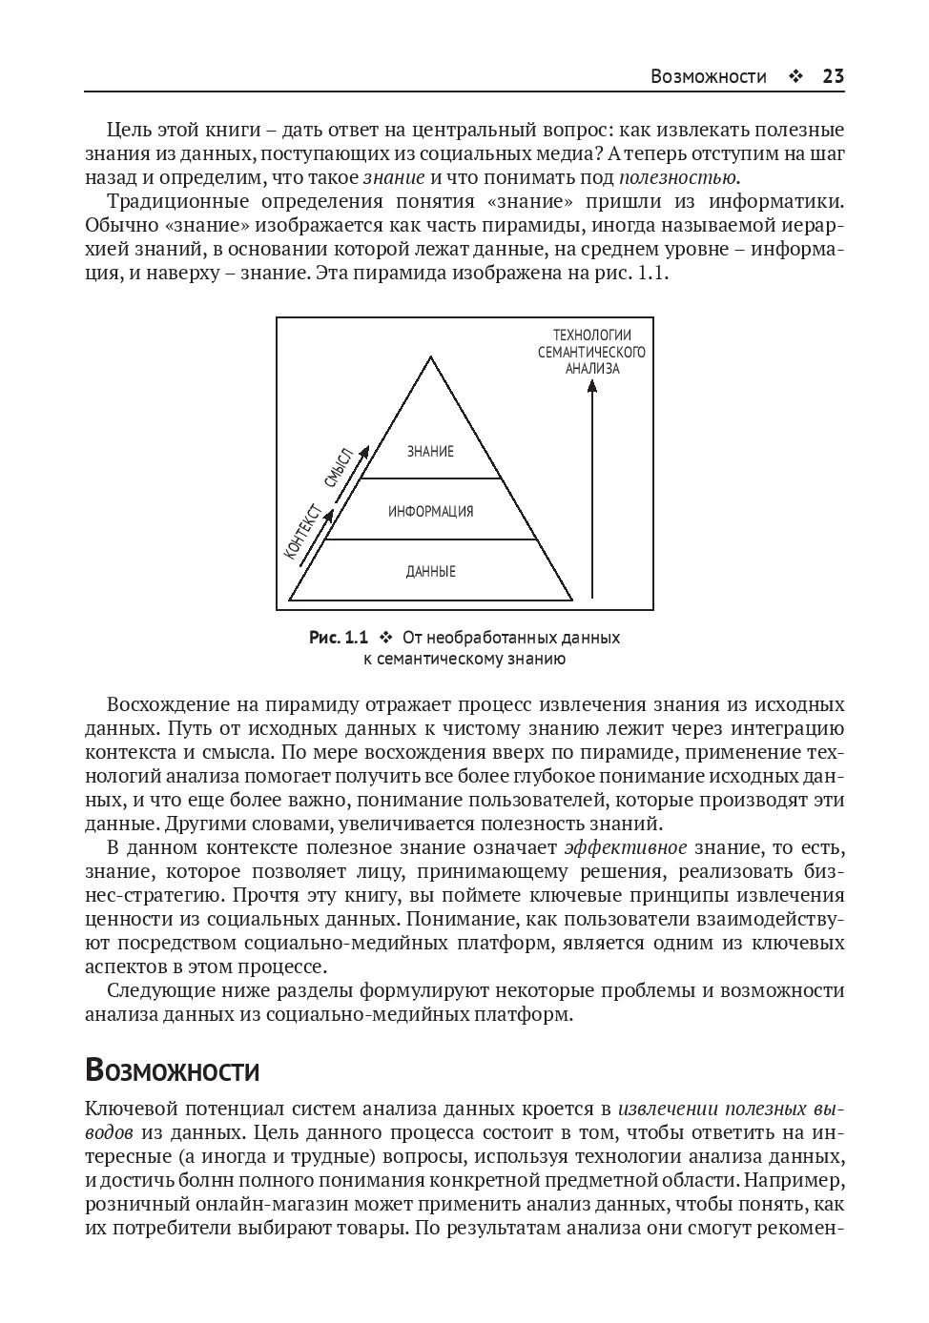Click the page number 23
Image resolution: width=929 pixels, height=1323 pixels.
833,77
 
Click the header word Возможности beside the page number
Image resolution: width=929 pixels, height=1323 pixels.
708,77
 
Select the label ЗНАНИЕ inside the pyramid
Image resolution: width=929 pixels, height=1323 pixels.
430,452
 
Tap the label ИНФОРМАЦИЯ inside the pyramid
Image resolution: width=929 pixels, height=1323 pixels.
430,512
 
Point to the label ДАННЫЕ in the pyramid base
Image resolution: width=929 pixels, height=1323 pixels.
430,572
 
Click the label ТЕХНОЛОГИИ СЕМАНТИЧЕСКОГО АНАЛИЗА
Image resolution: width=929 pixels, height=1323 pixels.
591,352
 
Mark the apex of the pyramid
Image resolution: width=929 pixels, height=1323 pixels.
431,358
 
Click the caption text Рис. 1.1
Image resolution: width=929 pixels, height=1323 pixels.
338,638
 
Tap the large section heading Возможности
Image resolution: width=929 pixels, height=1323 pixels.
172,1070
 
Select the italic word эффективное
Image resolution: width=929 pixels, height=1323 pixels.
625,848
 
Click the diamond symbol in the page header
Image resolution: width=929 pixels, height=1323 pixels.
795,77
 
